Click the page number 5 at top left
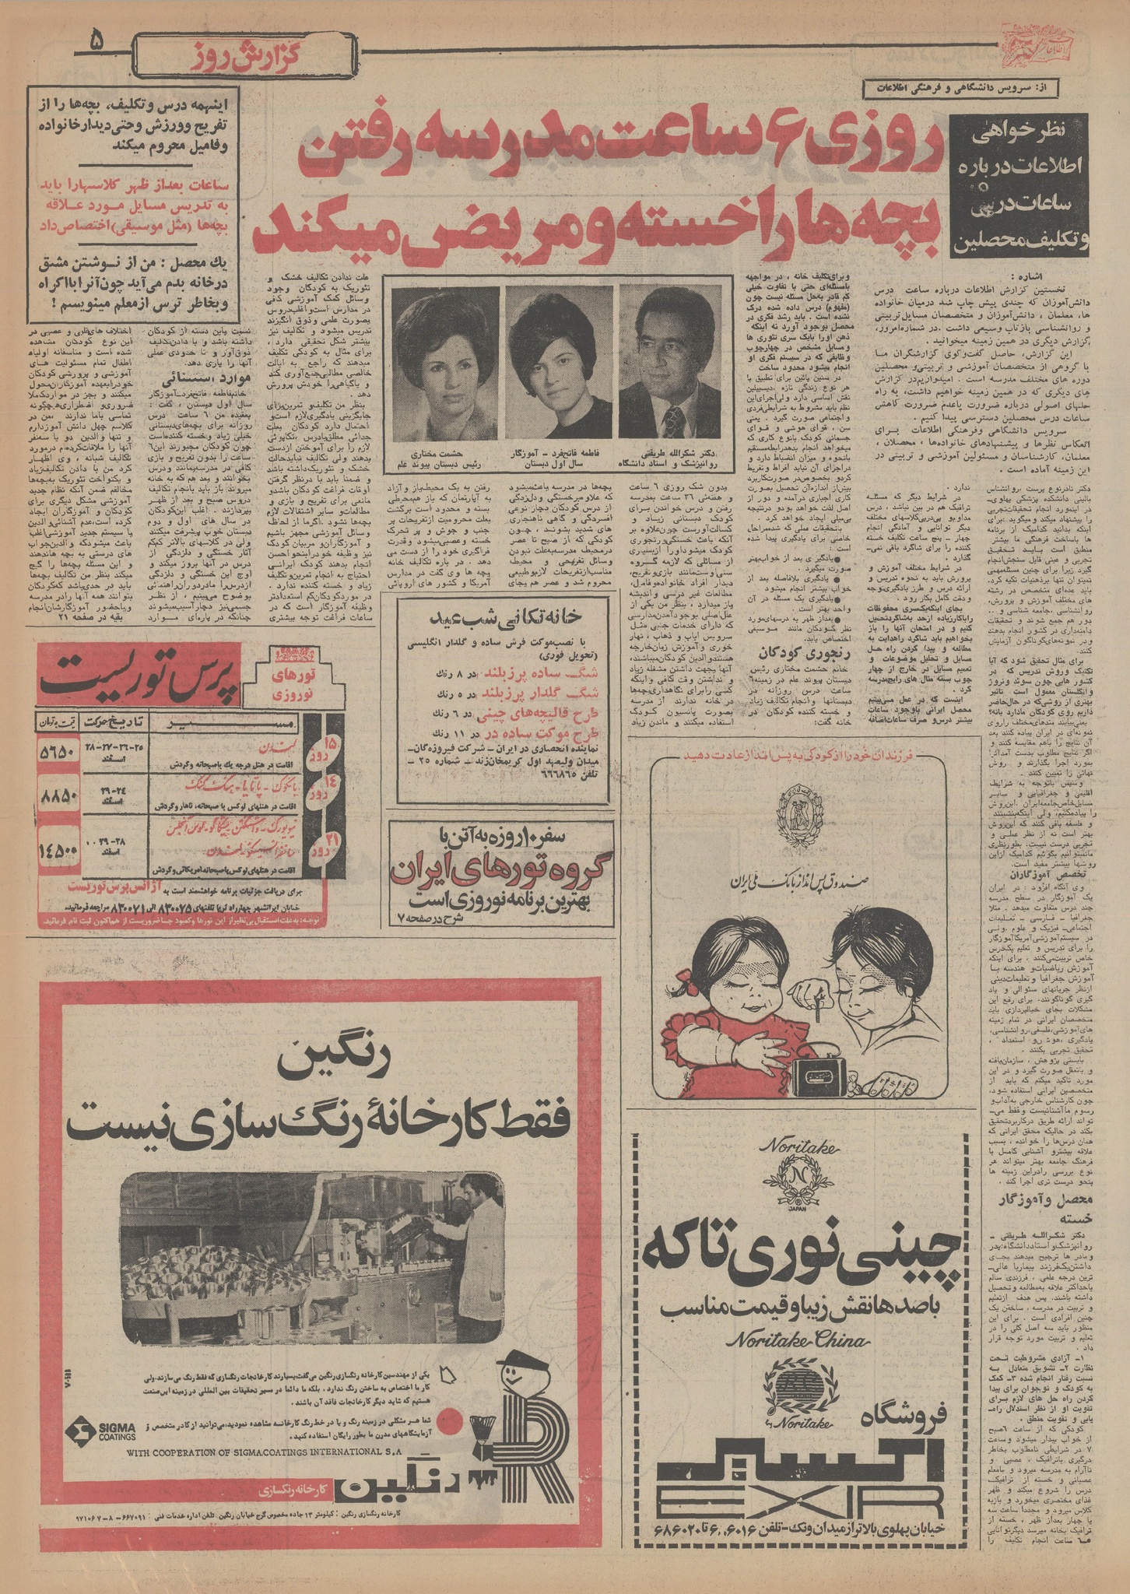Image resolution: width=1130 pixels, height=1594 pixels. [99, 39]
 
